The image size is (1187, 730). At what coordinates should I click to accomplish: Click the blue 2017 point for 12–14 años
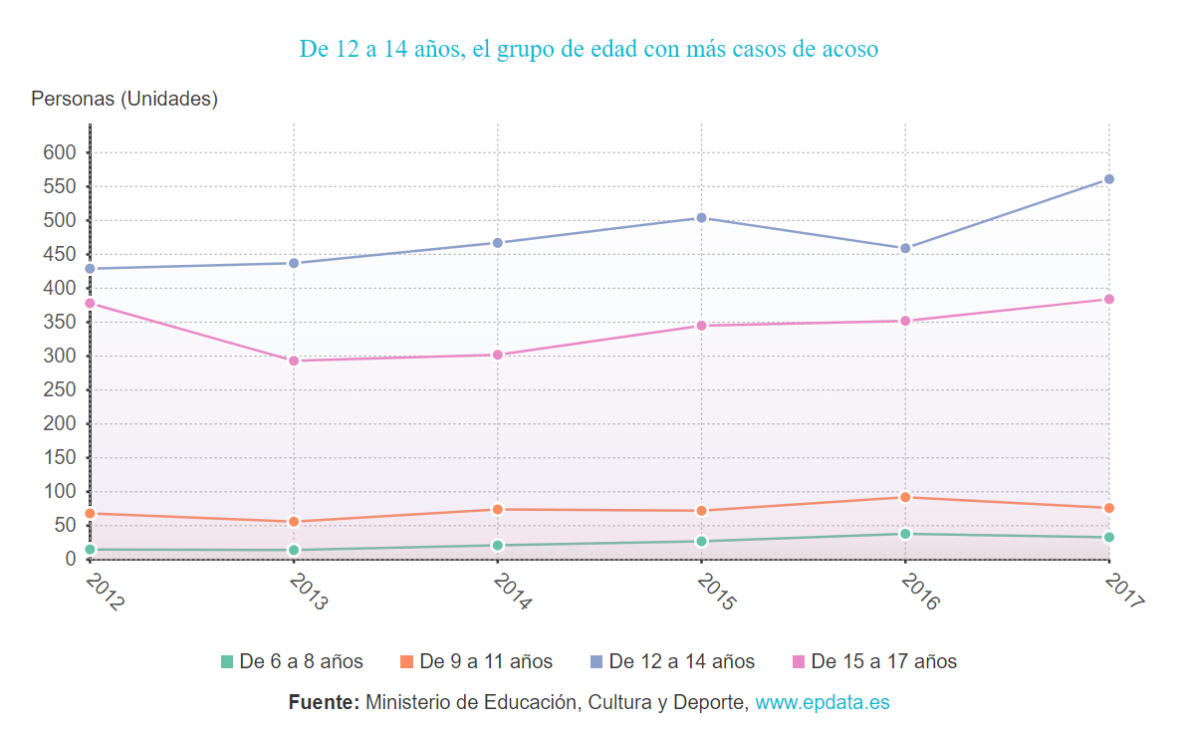click(x=1108, y=179)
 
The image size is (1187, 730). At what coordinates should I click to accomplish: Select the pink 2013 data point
click(x=294, y=361)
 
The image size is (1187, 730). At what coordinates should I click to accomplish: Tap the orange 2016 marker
click(x=905, y=497)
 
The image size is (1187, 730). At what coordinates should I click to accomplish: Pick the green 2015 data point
click(x=701, y=541)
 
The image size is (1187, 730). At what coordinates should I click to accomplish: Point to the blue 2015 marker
click(x=701, y=217)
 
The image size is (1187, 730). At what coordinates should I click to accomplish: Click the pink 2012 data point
click(x=91, y=303)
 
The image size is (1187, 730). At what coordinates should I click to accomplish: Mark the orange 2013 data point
click(x=294, y=522)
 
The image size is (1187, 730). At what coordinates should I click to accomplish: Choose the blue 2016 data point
click(x=905, y=248)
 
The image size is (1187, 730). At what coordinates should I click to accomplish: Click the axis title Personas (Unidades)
click(x=124, y=99)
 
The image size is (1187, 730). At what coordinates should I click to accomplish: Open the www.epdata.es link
click(x=822, y=702)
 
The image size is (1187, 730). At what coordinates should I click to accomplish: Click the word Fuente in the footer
click(x=324, y=702)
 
